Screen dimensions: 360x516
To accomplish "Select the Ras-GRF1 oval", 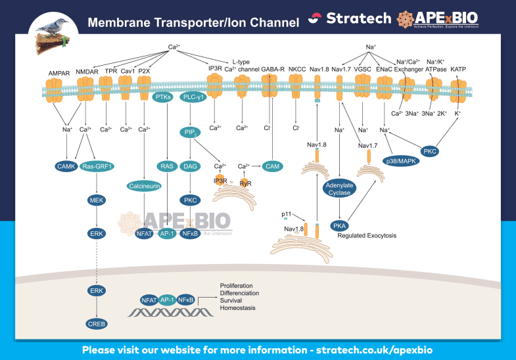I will pyautogui.click(x=98, y=167).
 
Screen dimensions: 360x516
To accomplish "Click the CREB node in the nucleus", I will pyautogui.click(x=97, y=324).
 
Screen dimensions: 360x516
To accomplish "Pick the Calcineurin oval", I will pyautogui.click(x=144, y=186).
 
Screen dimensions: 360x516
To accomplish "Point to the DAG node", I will pyautogui.click(x=191, y=167).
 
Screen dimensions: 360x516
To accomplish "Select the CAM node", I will pyautogui.click(x=272, y=167).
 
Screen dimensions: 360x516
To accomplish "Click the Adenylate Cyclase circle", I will pyautogui.click(x=339, y=189).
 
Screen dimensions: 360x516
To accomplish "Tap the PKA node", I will pyautogui.click(x=340, y=225).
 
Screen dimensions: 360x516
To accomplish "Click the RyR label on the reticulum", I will pyautogui.click(x=245, y=183).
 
